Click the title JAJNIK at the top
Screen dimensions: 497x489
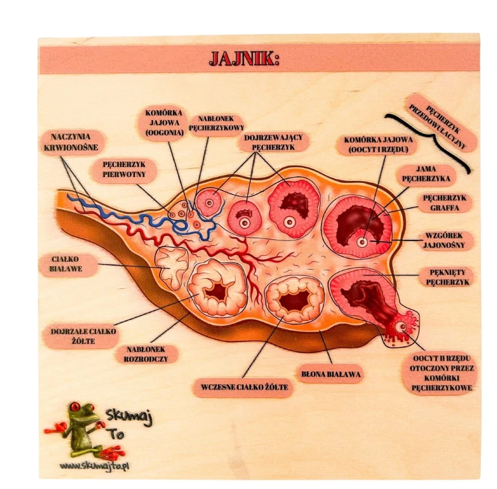tap(245, 58)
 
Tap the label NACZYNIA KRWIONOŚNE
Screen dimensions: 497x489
tap(71, 142)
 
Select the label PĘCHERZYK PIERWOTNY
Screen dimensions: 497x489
tap(125, 170)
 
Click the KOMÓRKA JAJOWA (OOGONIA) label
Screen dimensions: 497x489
tap(164, 123)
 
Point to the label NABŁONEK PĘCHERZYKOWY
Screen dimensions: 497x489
tap(217, 124)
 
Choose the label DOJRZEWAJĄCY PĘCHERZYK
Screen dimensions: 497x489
tap(274, 142)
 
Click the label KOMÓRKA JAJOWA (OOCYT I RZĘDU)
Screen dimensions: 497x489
tap(378, 144)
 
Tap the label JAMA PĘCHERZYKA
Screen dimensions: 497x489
tap(426, 174)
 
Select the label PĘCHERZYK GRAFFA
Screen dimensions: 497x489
tap(445, 203)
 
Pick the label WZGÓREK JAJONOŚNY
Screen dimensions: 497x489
tap(444, 241)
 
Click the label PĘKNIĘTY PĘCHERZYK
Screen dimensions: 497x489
tap(447, 277)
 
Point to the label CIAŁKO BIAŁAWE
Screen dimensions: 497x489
tap(66, 264)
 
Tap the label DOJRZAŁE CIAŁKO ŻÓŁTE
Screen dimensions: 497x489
tap(83, 336)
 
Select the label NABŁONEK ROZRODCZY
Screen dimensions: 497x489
tap(146, 354)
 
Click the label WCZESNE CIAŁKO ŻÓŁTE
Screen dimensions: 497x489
tap(245, 387)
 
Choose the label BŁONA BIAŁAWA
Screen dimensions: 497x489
tap(331, 374)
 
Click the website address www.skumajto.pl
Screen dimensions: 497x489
tap(94, 466)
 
